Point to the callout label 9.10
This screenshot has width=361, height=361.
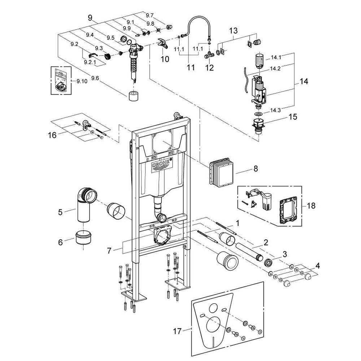82,81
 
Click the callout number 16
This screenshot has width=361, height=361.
53,135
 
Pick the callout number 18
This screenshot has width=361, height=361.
311,206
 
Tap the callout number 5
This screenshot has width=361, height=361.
61,212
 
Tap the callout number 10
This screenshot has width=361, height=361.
165,58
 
